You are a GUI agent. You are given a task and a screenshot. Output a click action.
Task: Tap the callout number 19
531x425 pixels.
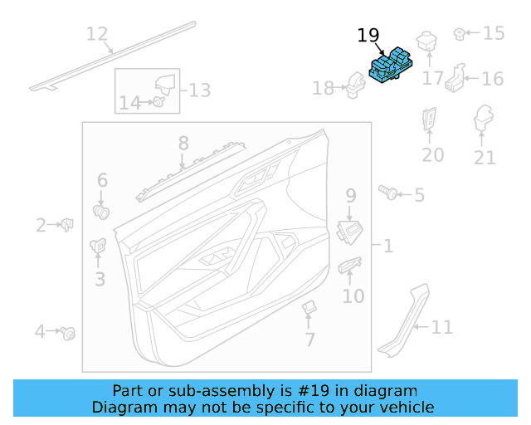coord(368,36)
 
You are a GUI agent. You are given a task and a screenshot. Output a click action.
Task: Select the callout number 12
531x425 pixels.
coord(97,34)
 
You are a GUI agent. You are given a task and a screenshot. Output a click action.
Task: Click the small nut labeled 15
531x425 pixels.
coord(457,34)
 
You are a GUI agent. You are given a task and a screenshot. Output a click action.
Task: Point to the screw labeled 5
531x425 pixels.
coord(386,193)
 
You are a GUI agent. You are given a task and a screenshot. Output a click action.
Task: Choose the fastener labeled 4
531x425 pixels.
coord(70,333)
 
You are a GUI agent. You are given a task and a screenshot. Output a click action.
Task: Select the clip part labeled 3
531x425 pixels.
coord(96,245)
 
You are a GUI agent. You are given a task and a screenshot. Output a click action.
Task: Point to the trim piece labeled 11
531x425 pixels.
coord(402,324)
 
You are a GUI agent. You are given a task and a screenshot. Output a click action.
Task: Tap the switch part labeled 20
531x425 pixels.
coord(431,122)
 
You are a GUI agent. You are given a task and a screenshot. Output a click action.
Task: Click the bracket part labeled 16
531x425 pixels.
coord(455,77)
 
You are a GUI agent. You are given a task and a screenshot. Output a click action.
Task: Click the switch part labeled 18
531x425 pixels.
coord(355,85)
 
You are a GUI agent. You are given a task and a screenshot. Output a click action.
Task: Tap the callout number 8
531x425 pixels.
coord(183,144)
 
